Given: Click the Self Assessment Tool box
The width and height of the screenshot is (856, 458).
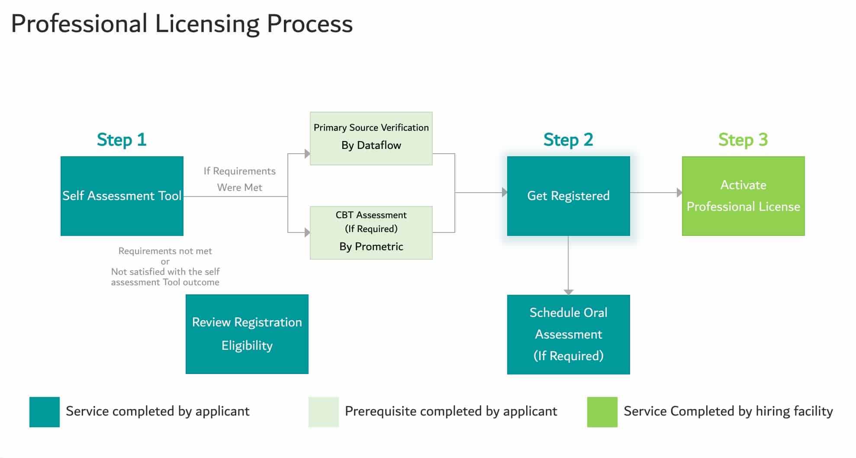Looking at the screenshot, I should click(122, 196).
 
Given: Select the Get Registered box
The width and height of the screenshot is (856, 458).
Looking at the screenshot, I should click(568, 196).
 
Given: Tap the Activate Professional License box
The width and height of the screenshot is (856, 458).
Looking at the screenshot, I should click(743, 196).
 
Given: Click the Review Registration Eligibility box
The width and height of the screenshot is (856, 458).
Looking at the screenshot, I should click(247, 334).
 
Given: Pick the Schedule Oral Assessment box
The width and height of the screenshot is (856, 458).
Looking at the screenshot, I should click(568, 334).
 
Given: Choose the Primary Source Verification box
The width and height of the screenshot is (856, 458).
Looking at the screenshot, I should click(371, 138).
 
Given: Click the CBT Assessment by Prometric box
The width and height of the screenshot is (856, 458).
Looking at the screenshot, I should click(371, 232).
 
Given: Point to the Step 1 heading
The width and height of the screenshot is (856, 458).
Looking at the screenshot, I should click(122, 140).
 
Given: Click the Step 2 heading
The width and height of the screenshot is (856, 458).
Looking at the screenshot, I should click(568, 140).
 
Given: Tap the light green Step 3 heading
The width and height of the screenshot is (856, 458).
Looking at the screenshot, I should click(743, 140).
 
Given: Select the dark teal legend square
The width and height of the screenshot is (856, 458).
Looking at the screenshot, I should click(45, 412).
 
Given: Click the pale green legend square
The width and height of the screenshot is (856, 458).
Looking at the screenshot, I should click(323, 412).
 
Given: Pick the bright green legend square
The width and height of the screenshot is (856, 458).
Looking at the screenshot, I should click(602, 412).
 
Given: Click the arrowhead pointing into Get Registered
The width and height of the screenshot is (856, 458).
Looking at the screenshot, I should click(504, 192).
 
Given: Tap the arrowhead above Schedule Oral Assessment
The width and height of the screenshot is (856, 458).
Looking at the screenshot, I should click(568, 292).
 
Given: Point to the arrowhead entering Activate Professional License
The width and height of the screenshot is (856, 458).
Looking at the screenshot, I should click(679, 192).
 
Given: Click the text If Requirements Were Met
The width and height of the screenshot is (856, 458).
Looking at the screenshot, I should click(239, 179).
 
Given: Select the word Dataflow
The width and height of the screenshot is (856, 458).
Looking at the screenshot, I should click(379, 145).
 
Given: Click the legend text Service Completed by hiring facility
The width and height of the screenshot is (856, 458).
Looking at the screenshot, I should click(728, 411).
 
